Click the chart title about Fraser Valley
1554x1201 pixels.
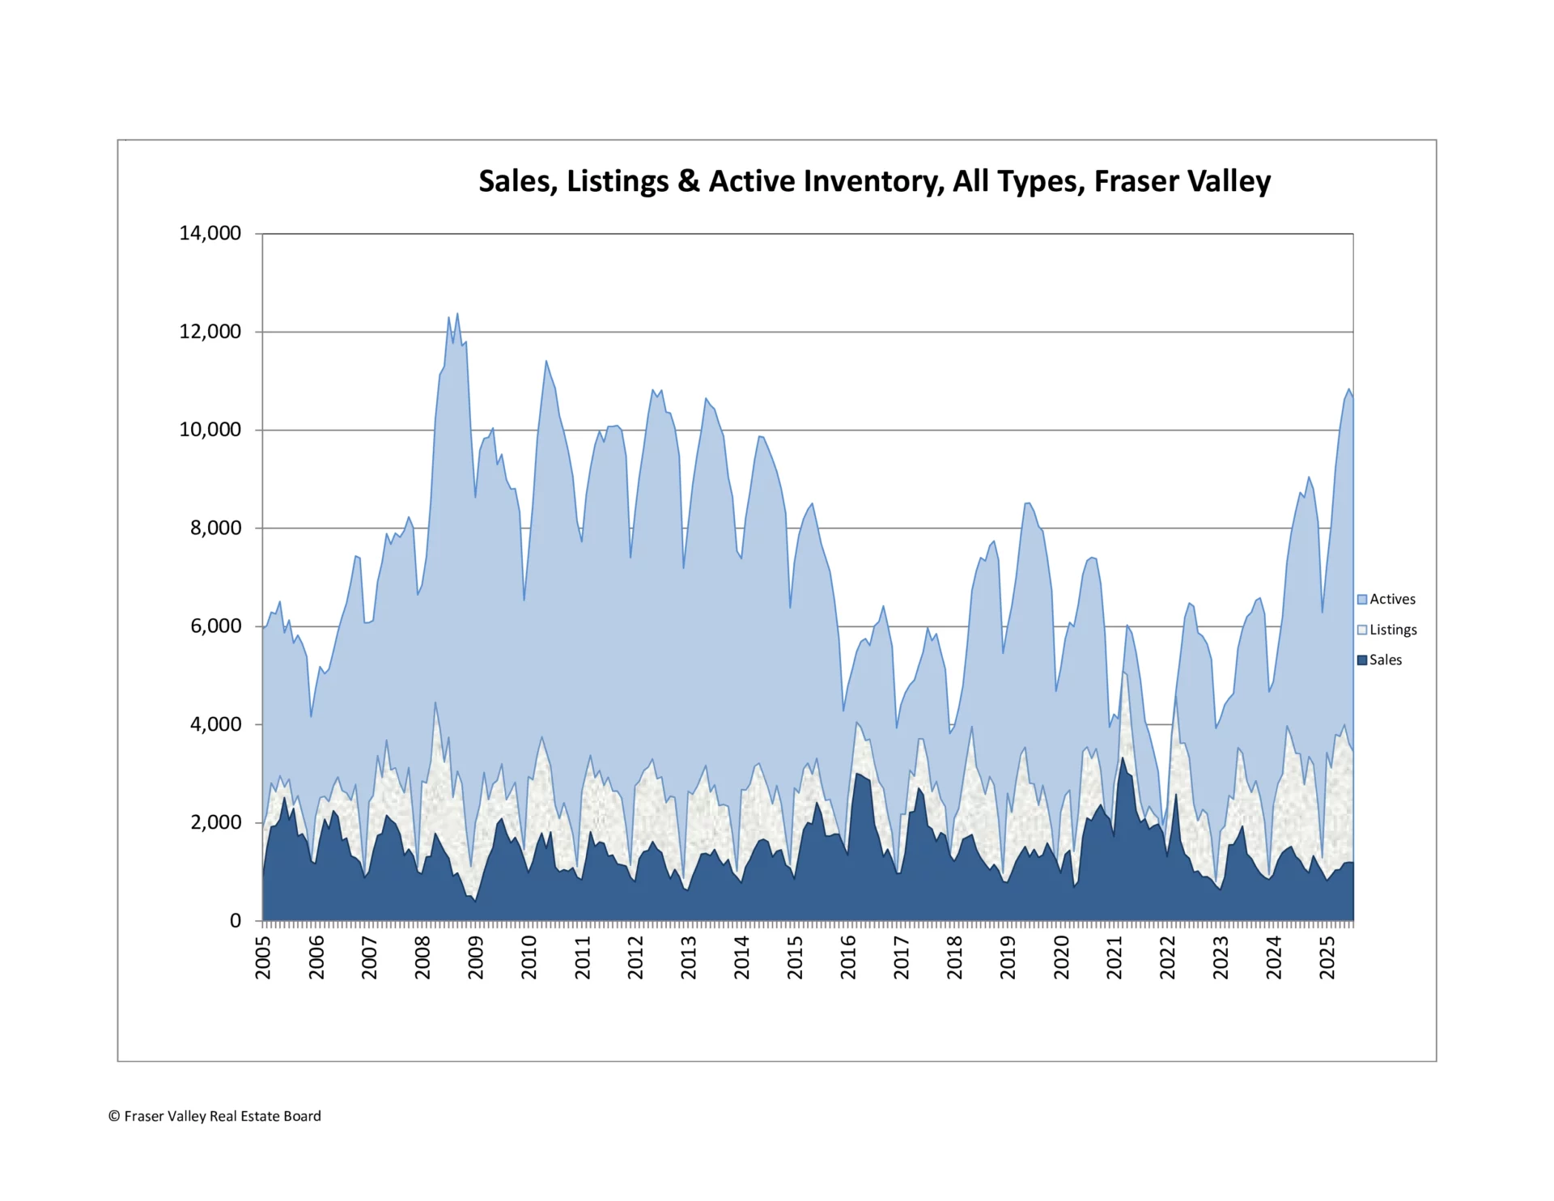874,181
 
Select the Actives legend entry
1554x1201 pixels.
1391,599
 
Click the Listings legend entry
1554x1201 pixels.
1392,630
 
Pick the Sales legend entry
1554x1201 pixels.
1385,660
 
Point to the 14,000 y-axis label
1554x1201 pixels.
210,233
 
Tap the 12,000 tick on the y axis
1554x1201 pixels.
210,331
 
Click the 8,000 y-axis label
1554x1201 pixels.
215,528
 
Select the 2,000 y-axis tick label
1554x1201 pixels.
215,822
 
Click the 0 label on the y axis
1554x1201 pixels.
236,920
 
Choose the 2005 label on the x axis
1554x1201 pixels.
263,957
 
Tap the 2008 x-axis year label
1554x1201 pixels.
422,957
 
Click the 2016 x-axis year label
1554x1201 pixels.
848,957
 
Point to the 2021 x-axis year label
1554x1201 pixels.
1115,957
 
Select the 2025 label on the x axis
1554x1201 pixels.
1327,957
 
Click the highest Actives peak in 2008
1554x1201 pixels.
457,314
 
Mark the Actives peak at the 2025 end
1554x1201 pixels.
1348,389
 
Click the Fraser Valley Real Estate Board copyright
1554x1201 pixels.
214,1116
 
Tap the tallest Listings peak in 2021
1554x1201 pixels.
1123,673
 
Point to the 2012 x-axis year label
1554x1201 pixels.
635,957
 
